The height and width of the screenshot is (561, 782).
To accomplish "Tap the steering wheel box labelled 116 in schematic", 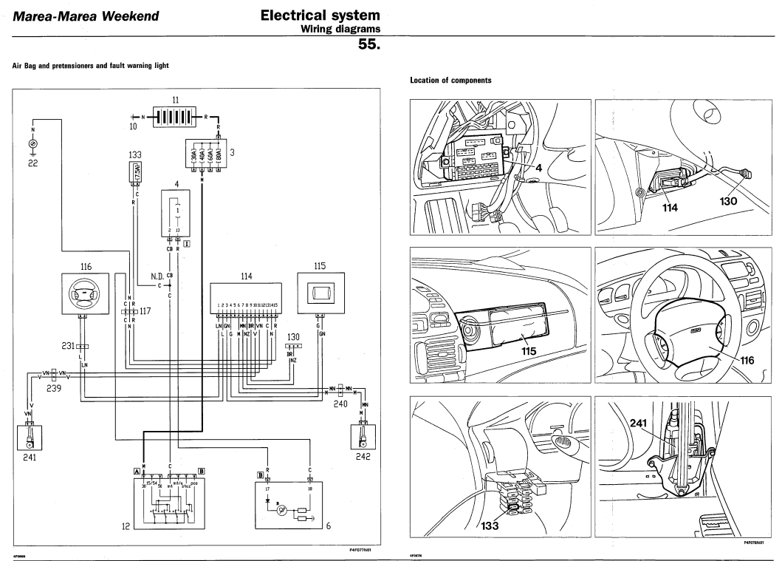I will [x=85, y=292].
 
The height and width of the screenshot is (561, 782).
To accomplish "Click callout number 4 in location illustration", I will [x=538, y=168].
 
